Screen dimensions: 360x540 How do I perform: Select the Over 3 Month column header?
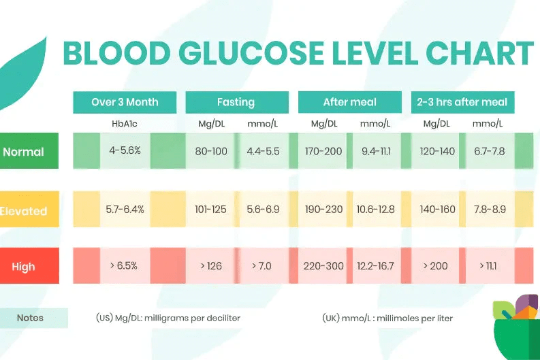pos(125,102)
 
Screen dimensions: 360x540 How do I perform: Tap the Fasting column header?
pos(236,102)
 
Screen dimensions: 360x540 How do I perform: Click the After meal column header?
pos(349,102)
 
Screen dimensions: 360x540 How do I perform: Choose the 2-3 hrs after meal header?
pos(462,102)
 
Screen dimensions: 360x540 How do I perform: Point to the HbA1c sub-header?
pos(125,124)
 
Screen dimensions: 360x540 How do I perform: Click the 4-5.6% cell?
pos(125,150)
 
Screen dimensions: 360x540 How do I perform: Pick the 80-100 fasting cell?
pos(211,151)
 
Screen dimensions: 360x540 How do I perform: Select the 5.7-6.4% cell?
pos(125,209)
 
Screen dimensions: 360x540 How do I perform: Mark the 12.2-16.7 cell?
pos(375,265)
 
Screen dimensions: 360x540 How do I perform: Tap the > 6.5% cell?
pos(125,265)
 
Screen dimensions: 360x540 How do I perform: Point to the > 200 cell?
pos(436,265)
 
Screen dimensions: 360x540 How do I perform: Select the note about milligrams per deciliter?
pos(168,318)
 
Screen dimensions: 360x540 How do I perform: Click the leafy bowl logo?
pos(515,327)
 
